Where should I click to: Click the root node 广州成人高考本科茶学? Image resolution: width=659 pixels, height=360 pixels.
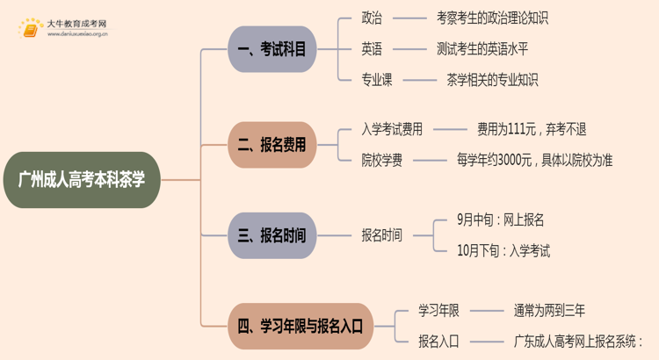[x=82, y=180]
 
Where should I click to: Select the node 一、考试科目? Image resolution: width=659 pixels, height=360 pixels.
[x=272, y=49]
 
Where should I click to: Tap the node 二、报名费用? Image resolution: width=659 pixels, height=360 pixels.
[x=272, y=145]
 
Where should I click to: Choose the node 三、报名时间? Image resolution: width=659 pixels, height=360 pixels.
[x=272, y=235]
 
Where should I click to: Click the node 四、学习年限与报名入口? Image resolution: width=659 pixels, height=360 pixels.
[x=301, y=326]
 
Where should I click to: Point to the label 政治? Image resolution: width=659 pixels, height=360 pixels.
[x=372, y=18]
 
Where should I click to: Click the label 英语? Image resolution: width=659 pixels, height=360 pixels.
[x=372, y=49]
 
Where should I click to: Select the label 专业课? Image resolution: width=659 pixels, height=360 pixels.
[x=377, y=80]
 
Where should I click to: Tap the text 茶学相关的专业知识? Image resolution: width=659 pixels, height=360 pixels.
[x=492, y=80]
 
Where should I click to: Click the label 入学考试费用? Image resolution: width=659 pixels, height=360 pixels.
[x=392, y=129]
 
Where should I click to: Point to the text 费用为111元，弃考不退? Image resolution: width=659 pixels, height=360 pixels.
[x=532, y=129]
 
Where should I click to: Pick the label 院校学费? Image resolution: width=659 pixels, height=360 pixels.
[x=382, y=160]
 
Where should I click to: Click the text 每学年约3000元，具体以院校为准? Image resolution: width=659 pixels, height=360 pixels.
[x=534, y=160]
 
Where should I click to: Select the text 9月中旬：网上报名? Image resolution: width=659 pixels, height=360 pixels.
[x=501, y=220]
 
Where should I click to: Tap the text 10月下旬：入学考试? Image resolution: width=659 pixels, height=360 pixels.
[x=503, y=251]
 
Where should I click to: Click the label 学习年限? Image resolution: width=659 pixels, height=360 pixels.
[x=438, y=311]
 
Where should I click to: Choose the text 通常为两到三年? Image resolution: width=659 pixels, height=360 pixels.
[x=549, y=311]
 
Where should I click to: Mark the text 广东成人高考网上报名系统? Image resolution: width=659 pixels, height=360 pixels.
[x=575, y=342]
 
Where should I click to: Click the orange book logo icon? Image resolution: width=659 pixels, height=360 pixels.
[x=30, y=29]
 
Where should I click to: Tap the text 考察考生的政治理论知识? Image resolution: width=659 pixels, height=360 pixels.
[x=492, y=18]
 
